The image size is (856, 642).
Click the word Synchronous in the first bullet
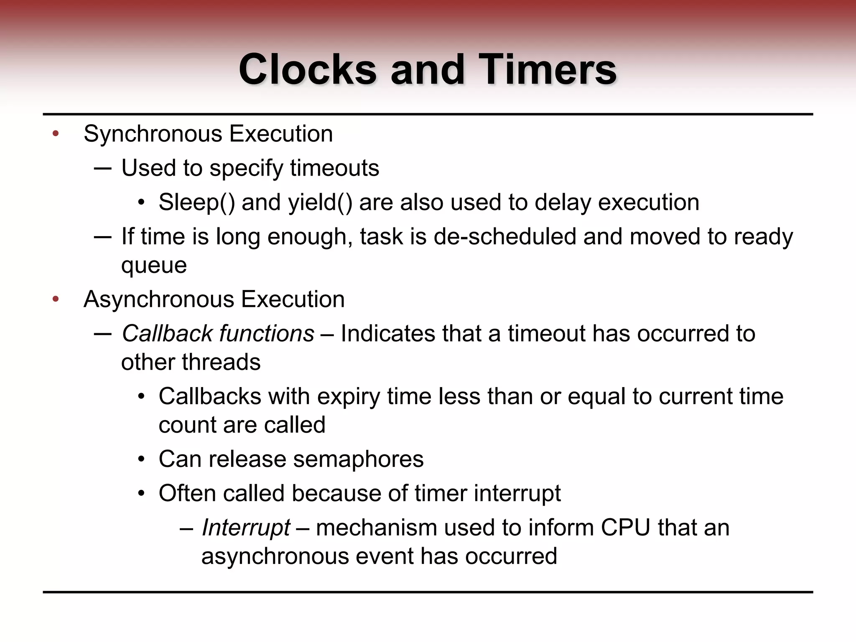[153, 135]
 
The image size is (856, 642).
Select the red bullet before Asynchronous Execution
[56, 299]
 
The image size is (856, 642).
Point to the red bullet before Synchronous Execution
[56, 134]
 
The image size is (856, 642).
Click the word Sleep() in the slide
[196, 203]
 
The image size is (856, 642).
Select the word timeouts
[334, 168]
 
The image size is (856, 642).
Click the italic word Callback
[167, 334]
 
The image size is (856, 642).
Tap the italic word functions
[267, 334]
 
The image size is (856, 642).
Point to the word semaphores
[358, 459]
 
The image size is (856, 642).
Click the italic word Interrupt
[246, 527]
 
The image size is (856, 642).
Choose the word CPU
[625, 527]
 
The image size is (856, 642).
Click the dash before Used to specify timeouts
[103, 168]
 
